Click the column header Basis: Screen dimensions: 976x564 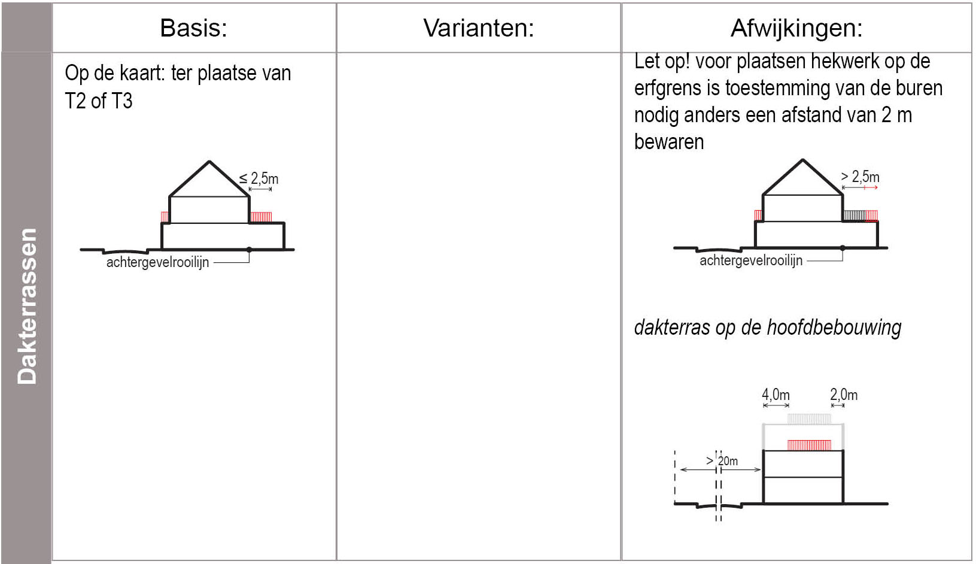(x=193, y=28)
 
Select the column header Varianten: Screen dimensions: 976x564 (x=478, y=28)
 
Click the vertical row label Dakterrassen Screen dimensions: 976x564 (x=27, y=307)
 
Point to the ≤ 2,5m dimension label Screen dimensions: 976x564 (x=259, y=178)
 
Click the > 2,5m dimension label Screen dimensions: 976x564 (x=860, y=177)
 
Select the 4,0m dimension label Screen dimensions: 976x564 (x=776, y=395)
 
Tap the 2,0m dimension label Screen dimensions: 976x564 (x=844, y=395)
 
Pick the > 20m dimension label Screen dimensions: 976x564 (x=722, y=461)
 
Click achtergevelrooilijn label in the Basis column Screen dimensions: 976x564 (x=158, y=262)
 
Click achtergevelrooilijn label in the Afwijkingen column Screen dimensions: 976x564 (x=751, y=260)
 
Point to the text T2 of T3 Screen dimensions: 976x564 (x=99, y=101)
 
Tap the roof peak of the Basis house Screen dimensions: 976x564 (x=209, y=162)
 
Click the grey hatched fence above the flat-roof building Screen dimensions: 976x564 (x=809, y=419)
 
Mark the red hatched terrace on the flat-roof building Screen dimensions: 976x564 (x=809, y=445)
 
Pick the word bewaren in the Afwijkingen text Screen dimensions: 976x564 (x=669, y=142)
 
